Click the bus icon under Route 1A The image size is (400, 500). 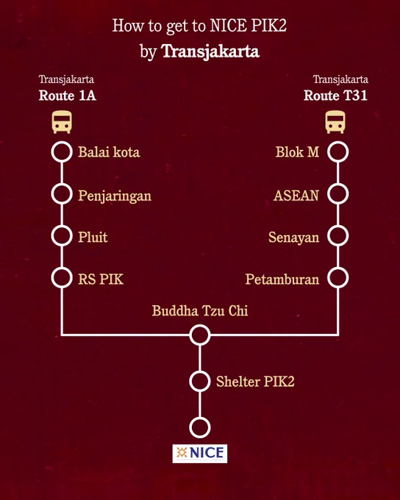click(x=62, y=122)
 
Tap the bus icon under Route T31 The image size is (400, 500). click(x=335, y=122)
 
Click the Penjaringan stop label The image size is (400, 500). click(x=115, y=196)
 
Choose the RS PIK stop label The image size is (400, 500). click(x=101, y=279)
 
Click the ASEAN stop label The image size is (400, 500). click(x=296, y=196)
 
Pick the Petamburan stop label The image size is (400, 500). click(x=282, y=279)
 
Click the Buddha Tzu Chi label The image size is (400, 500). click(x=200, y=310)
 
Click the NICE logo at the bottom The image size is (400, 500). click(x=200, y=454)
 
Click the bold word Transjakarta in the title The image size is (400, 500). click(x=210, y=51)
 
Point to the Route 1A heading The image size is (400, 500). click(x=68, y=96)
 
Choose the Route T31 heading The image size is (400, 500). click(x=335, y=96)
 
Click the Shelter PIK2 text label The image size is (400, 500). click(x=255, y=382)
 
